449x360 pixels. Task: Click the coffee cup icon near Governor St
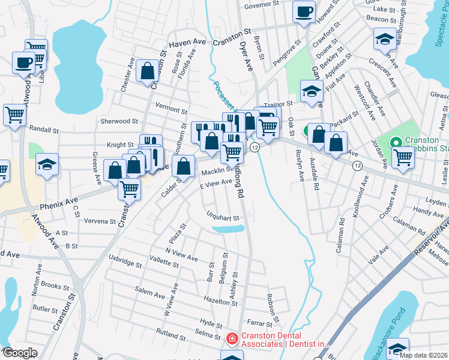click(304, 11)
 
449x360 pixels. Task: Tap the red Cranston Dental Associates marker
click(232, 339)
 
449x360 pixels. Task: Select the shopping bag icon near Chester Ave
click(147, 71)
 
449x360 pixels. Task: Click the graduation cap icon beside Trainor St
click(310, 92)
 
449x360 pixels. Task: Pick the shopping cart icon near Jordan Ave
click(403, 158)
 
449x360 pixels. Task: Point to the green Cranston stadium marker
click(396, 143)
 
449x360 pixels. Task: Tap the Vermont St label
click(172, 109)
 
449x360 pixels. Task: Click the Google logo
click(20, 353)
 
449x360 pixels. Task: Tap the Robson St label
click(273, 307)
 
